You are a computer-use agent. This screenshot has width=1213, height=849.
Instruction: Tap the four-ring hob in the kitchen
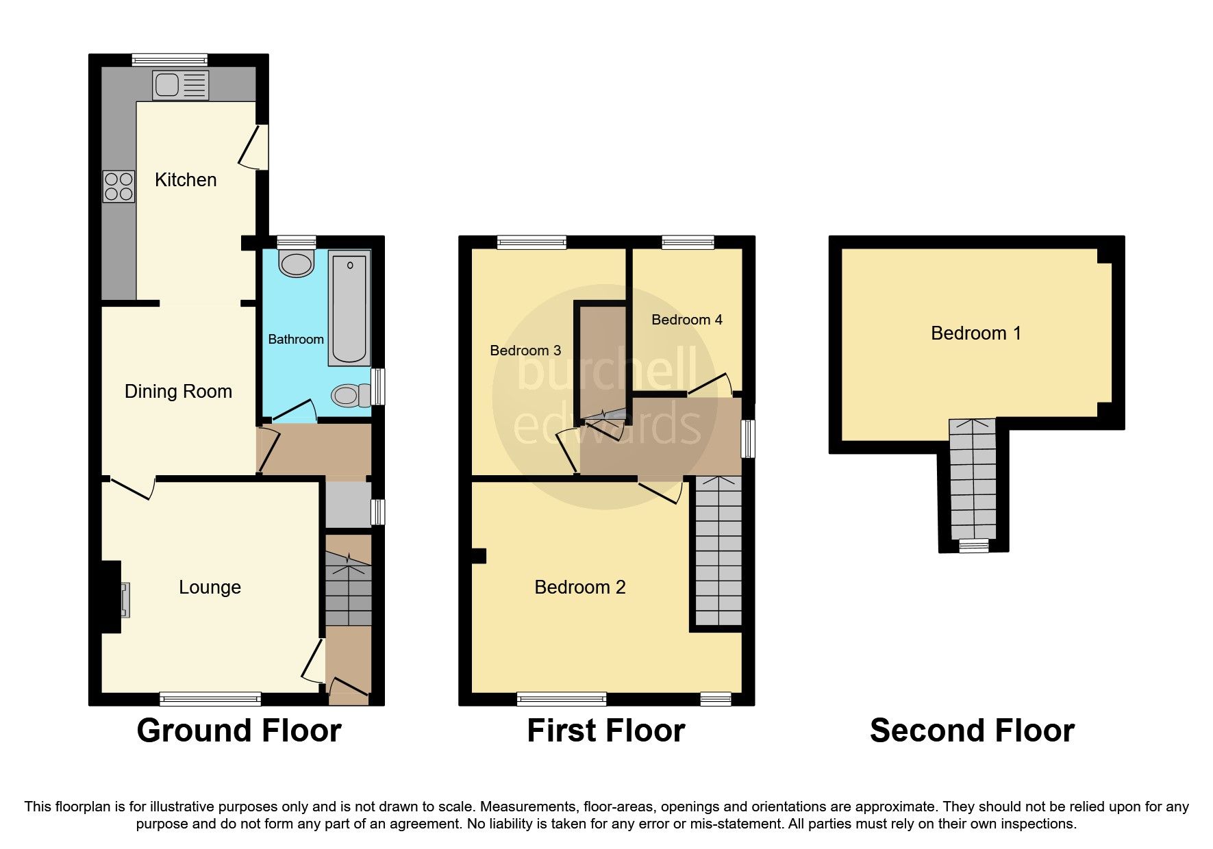click(x=118, y=186)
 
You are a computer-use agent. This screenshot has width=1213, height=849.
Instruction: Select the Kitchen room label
click(x=186, y=180)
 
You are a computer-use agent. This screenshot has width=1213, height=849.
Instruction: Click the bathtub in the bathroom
click(x=349, y=306)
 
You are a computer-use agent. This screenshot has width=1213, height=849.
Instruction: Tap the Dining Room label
click(x=178, y=392)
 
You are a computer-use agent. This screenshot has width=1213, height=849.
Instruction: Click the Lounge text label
click(x=210, y=587)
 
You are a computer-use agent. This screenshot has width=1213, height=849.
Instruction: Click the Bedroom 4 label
click(x=686, y=320)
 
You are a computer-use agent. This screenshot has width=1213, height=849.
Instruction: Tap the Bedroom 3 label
click(x=525, y=351)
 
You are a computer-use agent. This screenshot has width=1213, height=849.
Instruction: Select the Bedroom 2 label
click(x=579, y=587)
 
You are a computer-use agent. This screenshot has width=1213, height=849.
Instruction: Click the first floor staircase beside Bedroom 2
click(x=718, y=551)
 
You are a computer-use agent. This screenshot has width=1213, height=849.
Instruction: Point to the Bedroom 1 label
click(x=975, y=333)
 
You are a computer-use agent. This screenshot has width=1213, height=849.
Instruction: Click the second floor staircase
click(x=973, y=479)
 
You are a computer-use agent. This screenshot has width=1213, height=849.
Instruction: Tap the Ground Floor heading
click(x=239, y=731)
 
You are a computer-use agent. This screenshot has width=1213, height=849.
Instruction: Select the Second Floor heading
click(x=971, y=731)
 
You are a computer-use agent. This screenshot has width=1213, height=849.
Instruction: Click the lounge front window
click(x=210, y=698)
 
